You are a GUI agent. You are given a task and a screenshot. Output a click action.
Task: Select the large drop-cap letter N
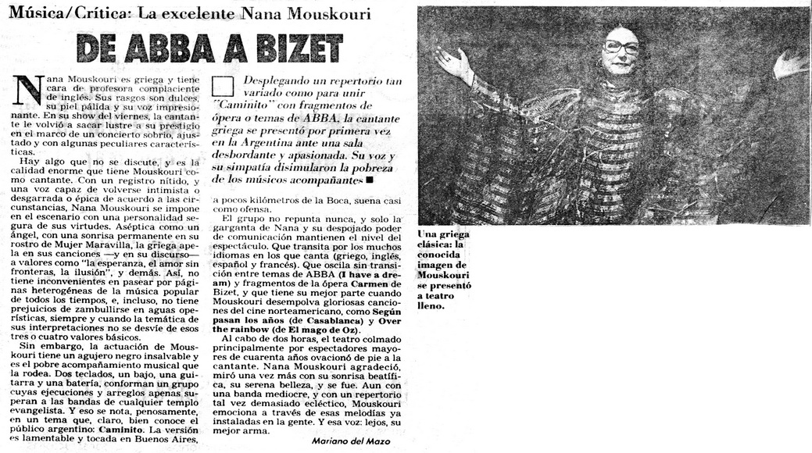[x=28, y=92]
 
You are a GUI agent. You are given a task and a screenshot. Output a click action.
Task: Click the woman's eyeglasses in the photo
[x=621, y=47]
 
